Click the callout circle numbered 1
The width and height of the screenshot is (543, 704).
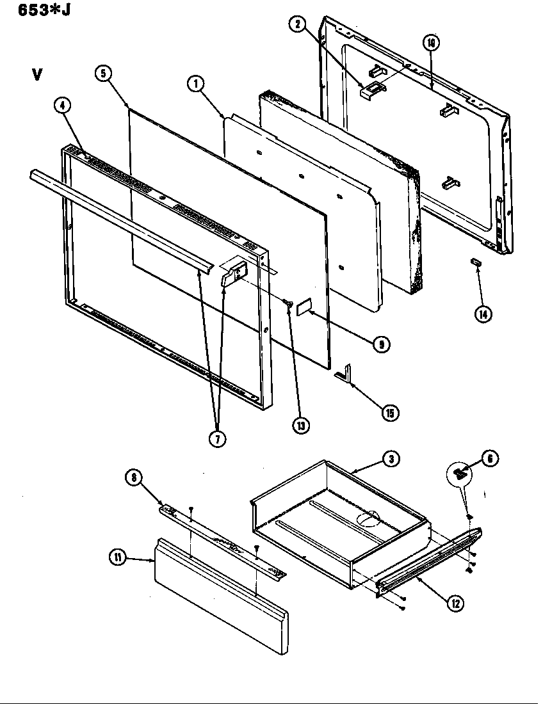click(195, 82)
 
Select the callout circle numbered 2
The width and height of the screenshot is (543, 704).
click(296, 25)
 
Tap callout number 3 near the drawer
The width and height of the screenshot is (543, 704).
click(390, 458)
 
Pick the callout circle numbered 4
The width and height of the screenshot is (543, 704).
click(61, 107)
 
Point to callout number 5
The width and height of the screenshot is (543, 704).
click(102, 73)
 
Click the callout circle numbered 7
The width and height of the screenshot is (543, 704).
click(219, 440)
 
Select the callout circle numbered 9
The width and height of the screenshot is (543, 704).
click(382, 344)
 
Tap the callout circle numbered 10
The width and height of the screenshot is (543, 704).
click(431, 42)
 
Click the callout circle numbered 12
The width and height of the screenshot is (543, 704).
click(455, 603)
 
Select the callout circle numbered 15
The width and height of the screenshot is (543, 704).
click(388, 413)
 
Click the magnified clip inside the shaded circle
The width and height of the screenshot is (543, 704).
click(458, 473)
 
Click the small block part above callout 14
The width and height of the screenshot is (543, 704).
click(475, 261)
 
